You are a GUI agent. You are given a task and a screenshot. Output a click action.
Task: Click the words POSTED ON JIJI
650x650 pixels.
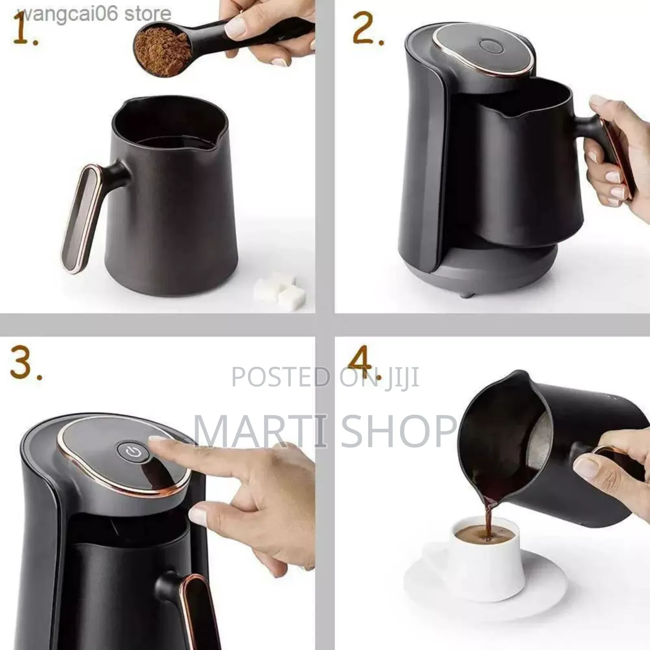pyautogui.click(x=325, y=377)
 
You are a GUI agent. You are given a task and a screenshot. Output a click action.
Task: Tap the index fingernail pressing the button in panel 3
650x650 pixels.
pyautogui.click(x=156, y=440)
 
